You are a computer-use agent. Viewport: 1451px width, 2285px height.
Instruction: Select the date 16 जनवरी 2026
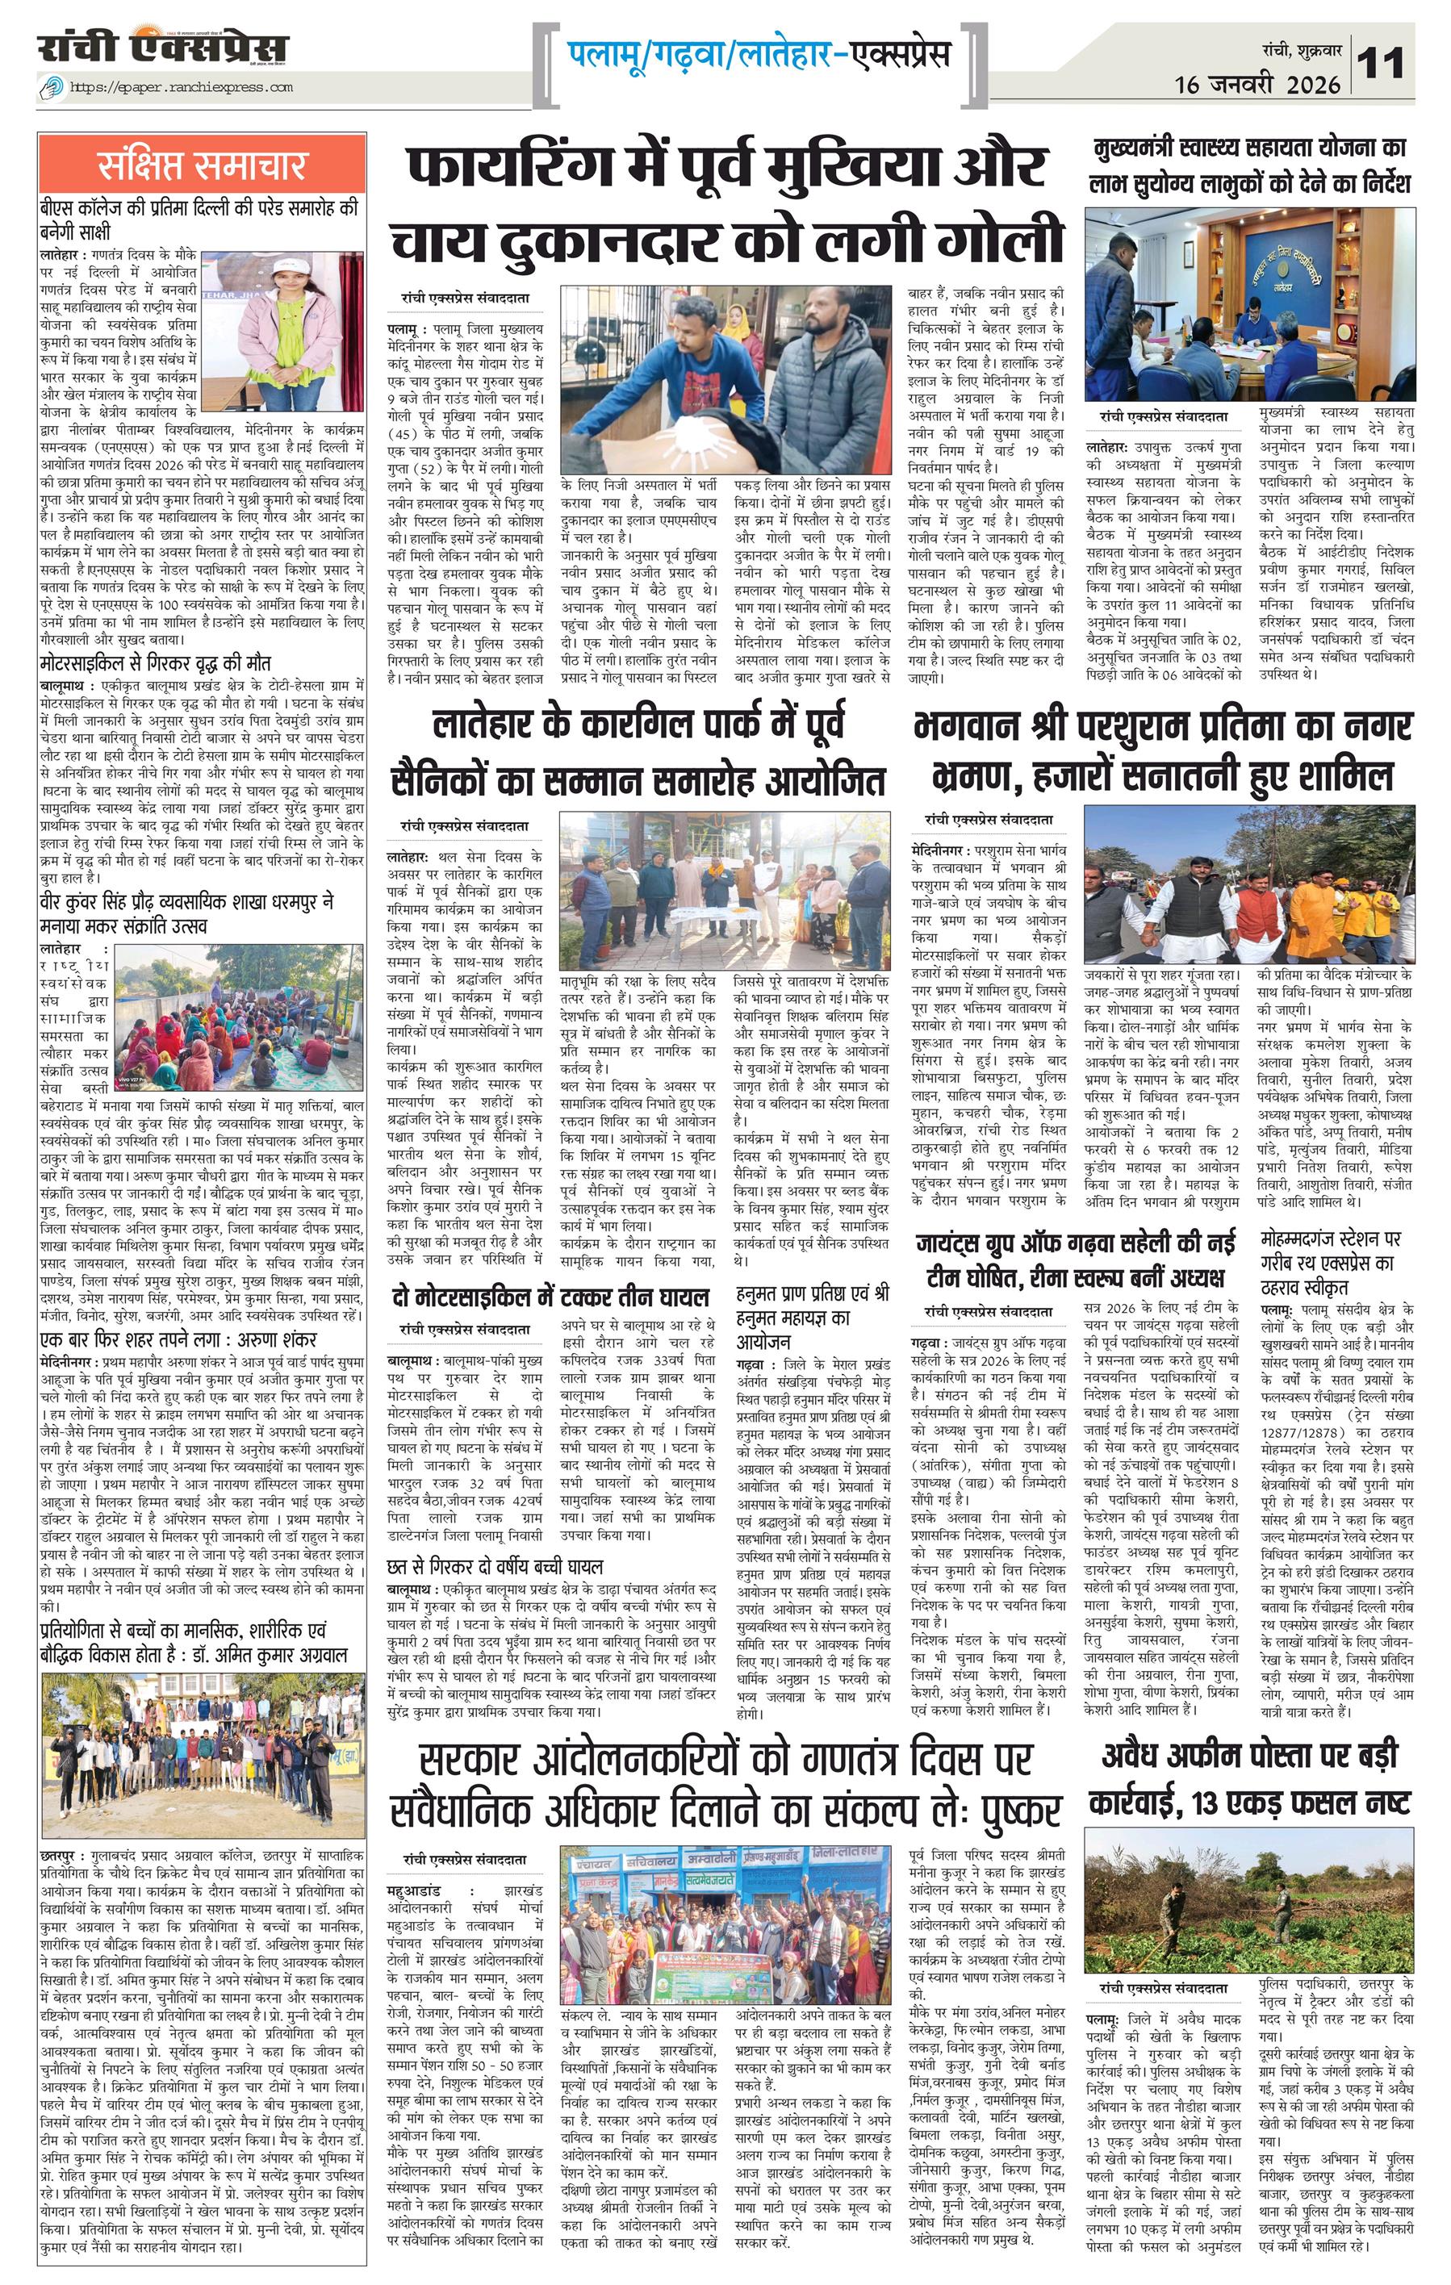click(x=1257, y=85)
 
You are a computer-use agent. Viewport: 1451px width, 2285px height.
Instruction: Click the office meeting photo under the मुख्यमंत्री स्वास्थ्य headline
click(x=1249, y=302)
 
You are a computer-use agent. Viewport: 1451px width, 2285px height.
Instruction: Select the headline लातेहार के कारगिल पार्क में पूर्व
click(x=637, y=726)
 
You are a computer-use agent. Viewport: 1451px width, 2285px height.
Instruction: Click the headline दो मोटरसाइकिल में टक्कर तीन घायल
click(x=550, y=1297)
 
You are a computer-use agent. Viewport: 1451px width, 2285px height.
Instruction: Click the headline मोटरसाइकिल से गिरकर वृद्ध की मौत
click(x=156, y=662)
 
